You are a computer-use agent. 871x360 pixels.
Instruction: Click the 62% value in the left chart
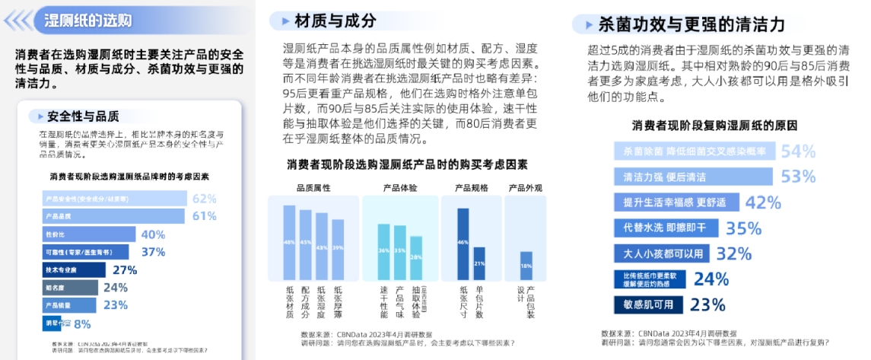[x=204, y=199]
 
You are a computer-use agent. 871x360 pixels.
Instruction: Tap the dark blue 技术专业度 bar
[x=73, y=269]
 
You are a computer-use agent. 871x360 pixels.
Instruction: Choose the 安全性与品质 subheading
[x=83, y=116]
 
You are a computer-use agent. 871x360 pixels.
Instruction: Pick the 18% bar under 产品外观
[x=526, y=266]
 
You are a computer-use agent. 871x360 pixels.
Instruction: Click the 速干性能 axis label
[x=383, y=302]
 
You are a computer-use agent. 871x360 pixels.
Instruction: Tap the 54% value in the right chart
[x=798, y=151]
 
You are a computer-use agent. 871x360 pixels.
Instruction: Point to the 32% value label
[x=733, y=253]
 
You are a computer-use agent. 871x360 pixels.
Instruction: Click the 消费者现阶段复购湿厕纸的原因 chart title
[x=713, y=126]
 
